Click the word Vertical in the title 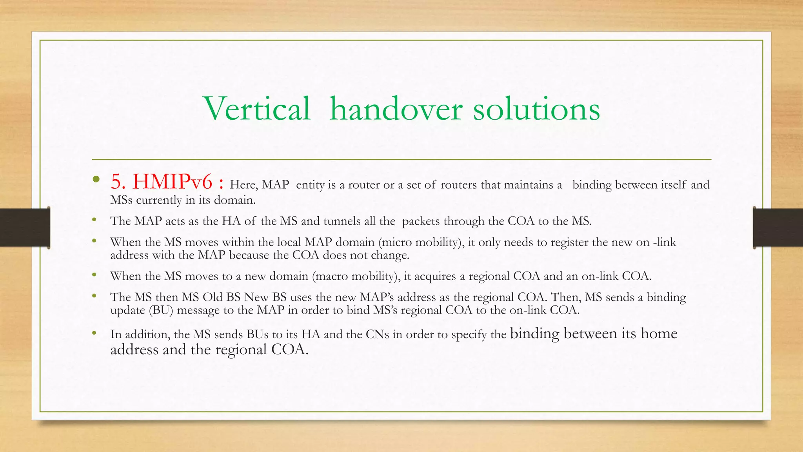click(257, 109)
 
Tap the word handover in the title click(396, 109)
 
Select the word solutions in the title click(536, 109)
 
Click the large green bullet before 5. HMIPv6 click(96, 180)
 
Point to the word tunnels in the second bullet click(342, 221)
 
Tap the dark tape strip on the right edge click(778, 228)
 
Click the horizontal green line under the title click(401, 160)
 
